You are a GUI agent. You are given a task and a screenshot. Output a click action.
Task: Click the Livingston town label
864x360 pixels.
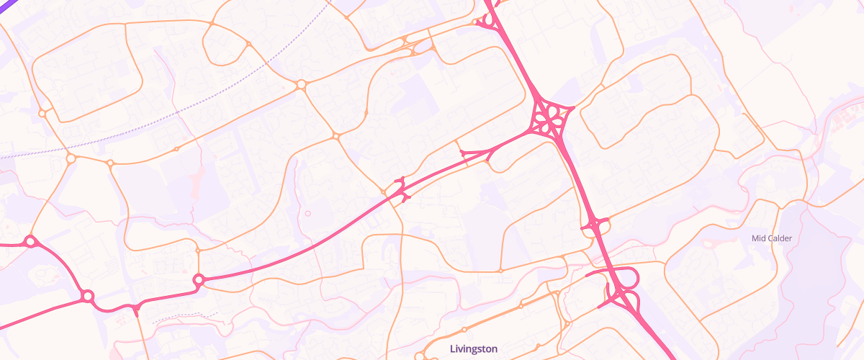click(473, 348)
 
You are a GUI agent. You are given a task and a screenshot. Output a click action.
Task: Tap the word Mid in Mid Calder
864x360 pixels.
click(758, 238)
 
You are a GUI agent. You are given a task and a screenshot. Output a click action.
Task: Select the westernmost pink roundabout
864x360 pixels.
click(30, 242)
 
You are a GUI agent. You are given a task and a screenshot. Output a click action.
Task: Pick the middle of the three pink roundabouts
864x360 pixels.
click(88, 296)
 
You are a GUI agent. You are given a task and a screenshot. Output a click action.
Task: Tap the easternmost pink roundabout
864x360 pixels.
click(199, 280)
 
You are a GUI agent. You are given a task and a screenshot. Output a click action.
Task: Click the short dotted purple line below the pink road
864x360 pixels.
click(184, 315)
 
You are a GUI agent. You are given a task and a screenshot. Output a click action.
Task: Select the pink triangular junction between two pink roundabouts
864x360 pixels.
click(135, 310)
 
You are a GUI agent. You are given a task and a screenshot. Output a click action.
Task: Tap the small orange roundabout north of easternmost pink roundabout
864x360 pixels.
click(198, 251)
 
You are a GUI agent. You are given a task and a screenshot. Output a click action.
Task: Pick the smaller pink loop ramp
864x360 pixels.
click(631, 300)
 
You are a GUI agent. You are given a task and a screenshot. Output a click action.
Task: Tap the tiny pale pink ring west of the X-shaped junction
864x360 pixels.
click(308, 213)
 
